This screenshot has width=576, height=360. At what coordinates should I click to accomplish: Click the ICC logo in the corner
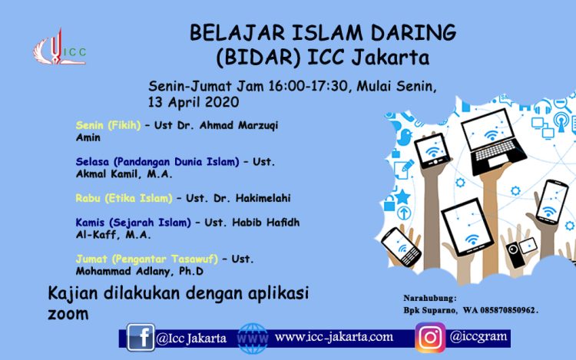click(59, 48)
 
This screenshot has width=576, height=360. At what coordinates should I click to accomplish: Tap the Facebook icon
click(141, 337)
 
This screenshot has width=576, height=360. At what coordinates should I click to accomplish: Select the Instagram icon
click(430, 337)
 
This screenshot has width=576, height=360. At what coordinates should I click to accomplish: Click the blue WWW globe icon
click(253, 338)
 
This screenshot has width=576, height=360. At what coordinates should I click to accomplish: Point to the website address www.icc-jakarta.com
click(334, 337)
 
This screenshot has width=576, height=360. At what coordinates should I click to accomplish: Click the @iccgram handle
click(478, 336)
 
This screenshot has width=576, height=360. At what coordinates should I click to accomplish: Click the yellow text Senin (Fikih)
click(108, 126)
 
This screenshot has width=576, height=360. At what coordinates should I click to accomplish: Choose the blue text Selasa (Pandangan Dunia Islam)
click(157, 162)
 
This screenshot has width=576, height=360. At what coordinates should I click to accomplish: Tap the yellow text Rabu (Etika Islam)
click(124, 198)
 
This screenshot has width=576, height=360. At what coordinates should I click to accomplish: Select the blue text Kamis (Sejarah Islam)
click(134, 223)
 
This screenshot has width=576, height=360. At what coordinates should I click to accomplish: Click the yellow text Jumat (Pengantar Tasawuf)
click(147, 259)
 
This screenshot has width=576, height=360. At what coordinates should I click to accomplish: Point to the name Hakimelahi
click(263, 198)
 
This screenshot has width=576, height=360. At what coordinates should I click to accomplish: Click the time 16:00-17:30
click(308, 86)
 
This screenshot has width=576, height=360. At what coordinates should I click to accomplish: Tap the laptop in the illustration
click(492, 142)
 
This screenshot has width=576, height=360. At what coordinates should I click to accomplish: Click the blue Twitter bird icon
click(405, 137)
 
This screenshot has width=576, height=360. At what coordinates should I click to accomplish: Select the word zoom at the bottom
click(68, 314)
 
